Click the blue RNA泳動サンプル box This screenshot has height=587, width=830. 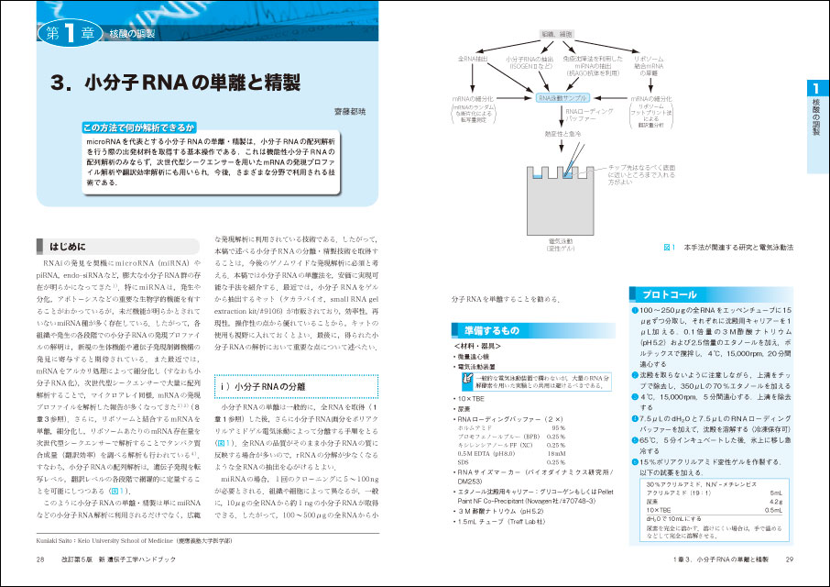563,98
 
